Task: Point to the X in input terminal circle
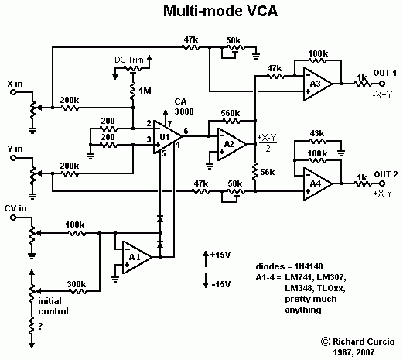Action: pyautogui.click(x=13, y=92)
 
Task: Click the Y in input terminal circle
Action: pyautogui.click(x=13, y=158)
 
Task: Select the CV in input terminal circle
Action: pyautogui.click(x=13, y=218)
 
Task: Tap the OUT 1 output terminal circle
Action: pyautogui.click(x=382, y=84)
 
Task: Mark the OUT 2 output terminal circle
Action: pyautogui.click(x=382, y=183)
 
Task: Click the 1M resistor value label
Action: pyautogui.click(x=145, y=91)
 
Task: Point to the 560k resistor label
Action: pyautogui.click(x=231, y=113)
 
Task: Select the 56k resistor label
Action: pyautogui.click(x=268, y=172)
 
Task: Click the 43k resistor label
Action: pyautogui.click(x=317, y=133)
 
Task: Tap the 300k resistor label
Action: pyautogui.click(x=77, y=284)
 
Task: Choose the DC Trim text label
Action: pyautogui.click(x=129, y=60)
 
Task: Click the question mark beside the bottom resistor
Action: pyautogui.click(x=40, y=327)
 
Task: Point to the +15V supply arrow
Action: pyautogui.click(x=206, y=259)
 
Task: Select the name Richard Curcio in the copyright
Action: pyautogui.click(x=364, y=341)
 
